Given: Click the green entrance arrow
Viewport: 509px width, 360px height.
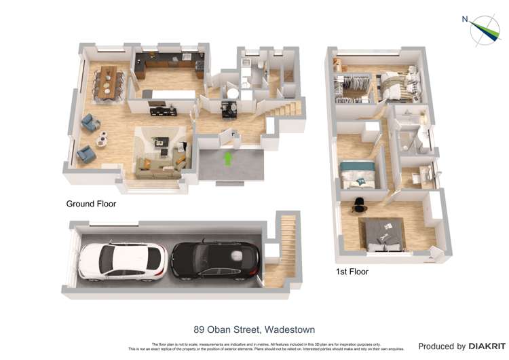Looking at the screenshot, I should (x=228, y=158).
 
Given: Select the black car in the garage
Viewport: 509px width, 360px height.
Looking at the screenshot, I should (x=214, y=260).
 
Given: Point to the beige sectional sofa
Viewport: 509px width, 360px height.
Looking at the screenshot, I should (x=160, y=164).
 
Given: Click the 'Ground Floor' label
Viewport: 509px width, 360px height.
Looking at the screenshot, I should (x=91, y=204).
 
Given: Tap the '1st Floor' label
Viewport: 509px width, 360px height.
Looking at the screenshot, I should (x=352, y=272).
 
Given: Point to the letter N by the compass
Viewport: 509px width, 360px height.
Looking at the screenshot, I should (x=465, y=19).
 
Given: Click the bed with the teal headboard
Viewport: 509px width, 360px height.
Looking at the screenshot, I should (x=357, y=173).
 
